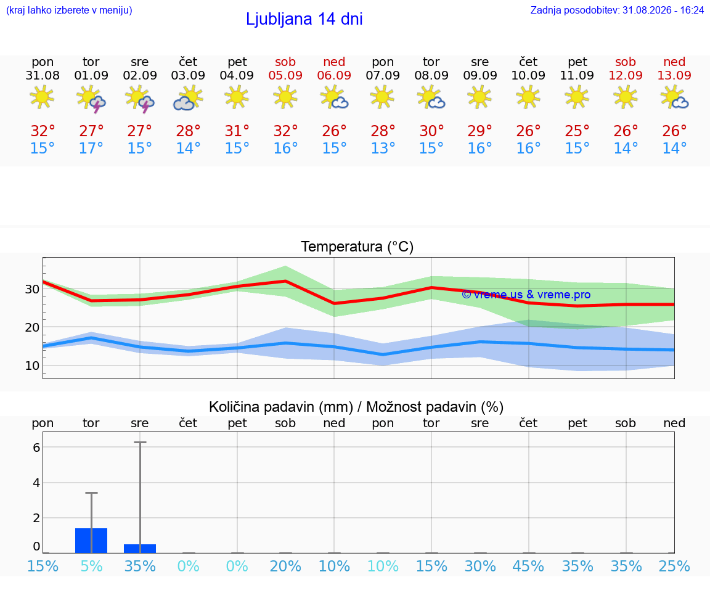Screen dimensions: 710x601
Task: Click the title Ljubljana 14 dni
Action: coord(304,19)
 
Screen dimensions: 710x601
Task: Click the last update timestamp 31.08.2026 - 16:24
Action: coord(663,10)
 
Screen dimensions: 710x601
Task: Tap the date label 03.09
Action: coord(188,75)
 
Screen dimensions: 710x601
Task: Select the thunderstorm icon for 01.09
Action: coord(91,99)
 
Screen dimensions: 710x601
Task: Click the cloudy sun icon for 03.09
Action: coord(188,99)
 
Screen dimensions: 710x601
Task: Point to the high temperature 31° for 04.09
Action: coord(237,131)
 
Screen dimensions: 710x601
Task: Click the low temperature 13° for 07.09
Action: coord(383,148)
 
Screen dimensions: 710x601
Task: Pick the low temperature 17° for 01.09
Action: coord(91,148)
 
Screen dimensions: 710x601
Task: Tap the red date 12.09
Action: coord(626,75)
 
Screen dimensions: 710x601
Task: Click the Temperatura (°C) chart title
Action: coord(357,247)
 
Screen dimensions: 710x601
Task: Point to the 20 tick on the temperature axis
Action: coord(32,327)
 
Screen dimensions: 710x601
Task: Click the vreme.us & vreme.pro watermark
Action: coord(526,295)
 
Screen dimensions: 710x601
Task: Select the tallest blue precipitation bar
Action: coord(91,541)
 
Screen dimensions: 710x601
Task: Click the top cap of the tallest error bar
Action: coord(140,442)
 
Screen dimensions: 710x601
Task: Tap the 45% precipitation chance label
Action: coord(528,566)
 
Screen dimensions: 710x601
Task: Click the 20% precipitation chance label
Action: coord(285,566)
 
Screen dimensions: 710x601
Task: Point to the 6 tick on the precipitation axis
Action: coord(37,448)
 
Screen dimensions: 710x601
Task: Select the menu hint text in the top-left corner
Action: coord(69,10)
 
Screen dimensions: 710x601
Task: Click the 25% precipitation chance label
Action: coord(674,566)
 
